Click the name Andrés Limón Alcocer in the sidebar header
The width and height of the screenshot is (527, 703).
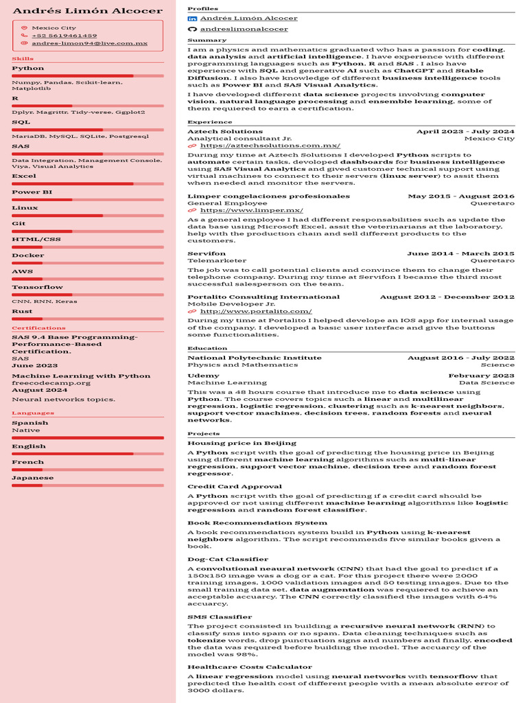coord(87,11)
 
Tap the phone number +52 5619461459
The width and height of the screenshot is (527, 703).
coord(64,35)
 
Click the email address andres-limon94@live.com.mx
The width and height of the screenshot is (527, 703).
coord(89,43)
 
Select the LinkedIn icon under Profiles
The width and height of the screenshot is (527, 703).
coord(192,19)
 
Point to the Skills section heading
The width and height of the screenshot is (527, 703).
coord(23,59)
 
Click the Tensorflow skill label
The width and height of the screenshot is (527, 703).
coord(37,287)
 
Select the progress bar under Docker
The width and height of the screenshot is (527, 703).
coord(87,262)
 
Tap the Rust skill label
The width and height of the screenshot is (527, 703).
coord(22,311)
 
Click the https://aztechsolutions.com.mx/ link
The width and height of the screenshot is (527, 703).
coord(270,146)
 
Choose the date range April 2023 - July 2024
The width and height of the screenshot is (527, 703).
coord(465,131)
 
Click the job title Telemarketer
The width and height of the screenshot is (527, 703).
coord(216,261)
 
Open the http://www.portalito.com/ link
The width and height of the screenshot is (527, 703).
coord(255,312)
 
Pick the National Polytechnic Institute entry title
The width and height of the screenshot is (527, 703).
coord(254,358)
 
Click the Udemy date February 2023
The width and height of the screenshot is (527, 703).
coord(481,376)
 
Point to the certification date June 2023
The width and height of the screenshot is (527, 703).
coord(34,365)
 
